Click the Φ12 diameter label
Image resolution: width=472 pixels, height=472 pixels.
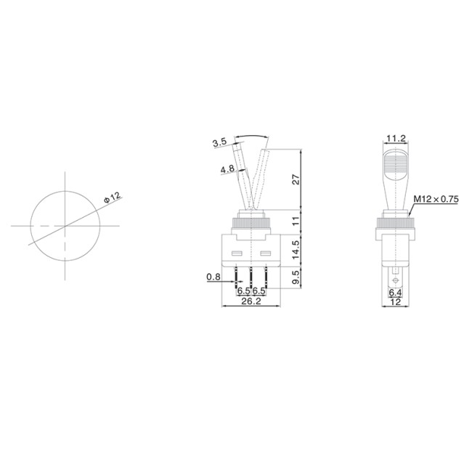tap(112, 196)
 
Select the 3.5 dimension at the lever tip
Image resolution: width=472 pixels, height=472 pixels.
tap(220, 142)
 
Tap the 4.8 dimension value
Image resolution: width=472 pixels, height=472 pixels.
tap(227, 170)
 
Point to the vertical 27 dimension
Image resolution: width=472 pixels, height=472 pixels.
tap(296, 180)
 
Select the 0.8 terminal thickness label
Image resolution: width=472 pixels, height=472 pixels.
tap(213, 277)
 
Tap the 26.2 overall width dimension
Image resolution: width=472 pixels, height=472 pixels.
tap(251, 301)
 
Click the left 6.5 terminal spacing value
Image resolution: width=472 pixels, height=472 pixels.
tap(243, 291)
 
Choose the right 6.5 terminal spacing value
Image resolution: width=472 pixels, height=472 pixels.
tap(258, 291)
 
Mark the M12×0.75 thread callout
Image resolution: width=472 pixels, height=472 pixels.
tap(436, 198)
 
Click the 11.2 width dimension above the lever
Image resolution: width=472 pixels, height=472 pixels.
tap(396, 137)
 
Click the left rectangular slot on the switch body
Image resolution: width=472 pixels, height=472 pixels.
tap(237, 254)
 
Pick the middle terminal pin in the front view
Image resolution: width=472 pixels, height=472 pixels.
tap(251, 276)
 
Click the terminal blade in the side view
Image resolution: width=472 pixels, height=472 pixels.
tap(396, 278)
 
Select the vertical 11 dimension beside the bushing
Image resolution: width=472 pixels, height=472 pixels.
tap(296, 220)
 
